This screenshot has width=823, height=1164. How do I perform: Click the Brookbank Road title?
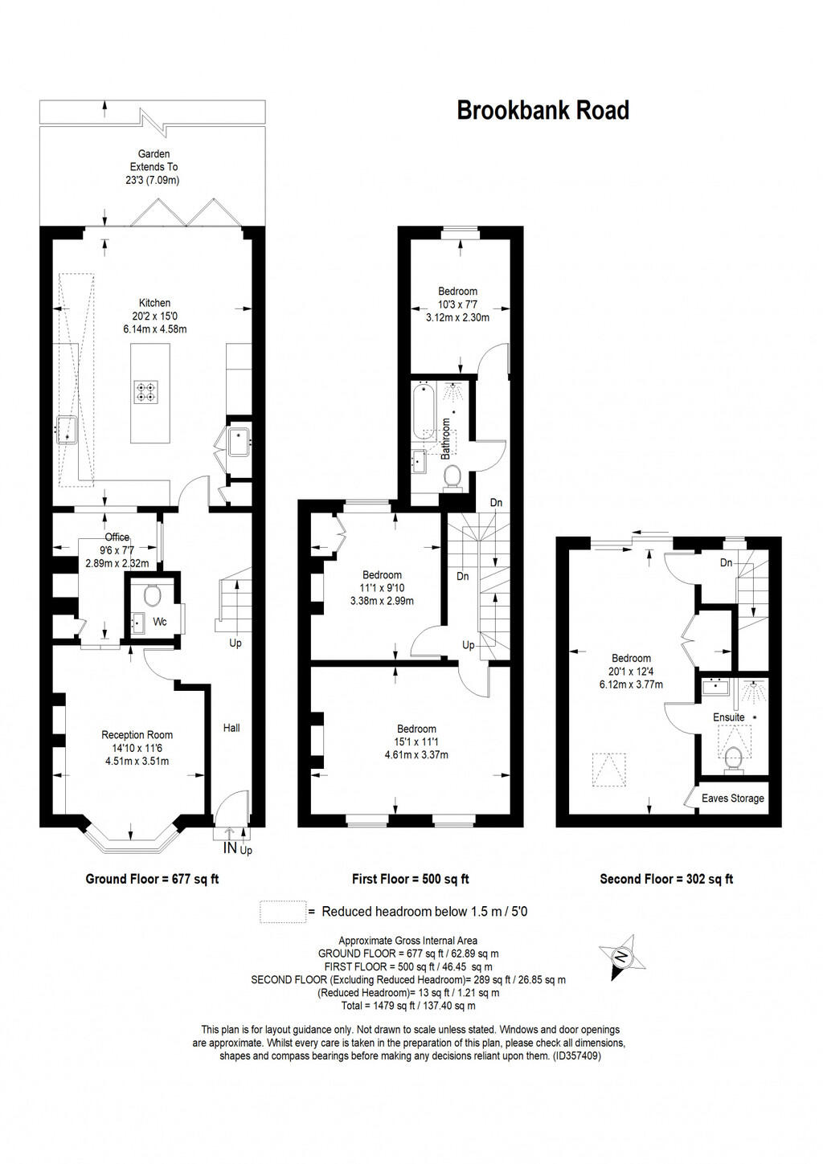coord(543,110)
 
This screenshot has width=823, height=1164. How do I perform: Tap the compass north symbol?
coord(620,957)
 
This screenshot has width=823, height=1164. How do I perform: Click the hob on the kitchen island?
coord(146,391)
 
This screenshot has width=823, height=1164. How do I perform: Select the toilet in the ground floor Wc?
coord(151,595)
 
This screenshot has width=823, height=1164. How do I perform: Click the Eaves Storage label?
coord(732,798)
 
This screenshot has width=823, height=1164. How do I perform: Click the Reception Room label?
coord(137,734)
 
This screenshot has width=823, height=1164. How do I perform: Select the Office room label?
coord(117,537)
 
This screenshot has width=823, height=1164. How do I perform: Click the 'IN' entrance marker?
coord(230,847)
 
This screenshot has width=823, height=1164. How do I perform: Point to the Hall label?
coord(231,728)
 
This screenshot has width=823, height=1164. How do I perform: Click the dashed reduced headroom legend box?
coord(283,912)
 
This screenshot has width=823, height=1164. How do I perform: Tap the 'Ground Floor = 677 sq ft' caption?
coord(152,879)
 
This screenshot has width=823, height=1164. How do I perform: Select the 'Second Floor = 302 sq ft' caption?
coord(666,879)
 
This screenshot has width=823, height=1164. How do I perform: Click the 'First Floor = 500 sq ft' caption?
coord(410,879)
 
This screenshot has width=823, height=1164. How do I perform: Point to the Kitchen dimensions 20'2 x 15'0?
coord(154,316)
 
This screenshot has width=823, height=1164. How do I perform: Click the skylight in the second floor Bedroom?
coord(608,769)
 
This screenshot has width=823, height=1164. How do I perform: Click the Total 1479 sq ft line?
coord(408,1005)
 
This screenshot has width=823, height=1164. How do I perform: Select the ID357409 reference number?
coord(576,1056)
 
